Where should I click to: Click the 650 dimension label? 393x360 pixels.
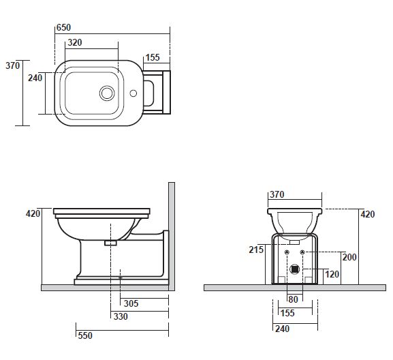pyautogui.click(x=63, y=27)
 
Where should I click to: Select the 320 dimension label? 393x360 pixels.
pyautogui.click(x=75, y=42)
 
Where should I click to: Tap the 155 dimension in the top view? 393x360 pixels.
pyautogui.click(x=153, y=57)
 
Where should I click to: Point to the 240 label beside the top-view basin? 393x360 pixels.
pyautogui.click(x=35, y=78)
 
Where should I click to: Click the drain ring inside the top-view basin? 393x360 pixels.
pyautogui.click(x=107, y=93)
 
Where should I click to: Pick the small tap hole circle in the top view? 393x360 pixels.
pyautogui.click(x=133, y=93)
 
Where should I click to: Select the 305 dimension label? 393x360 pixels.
pyautogui.click(x=131, y=303)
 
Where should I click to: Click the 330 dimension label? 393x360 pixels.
pyautogui.click(x=121, y=316)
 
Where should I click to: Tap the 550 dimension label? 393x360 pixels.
pyautogui.click(x=85, y=335)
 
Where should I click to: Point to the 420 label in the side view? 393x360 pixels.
pyautogui.click(x=33, y=213)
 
